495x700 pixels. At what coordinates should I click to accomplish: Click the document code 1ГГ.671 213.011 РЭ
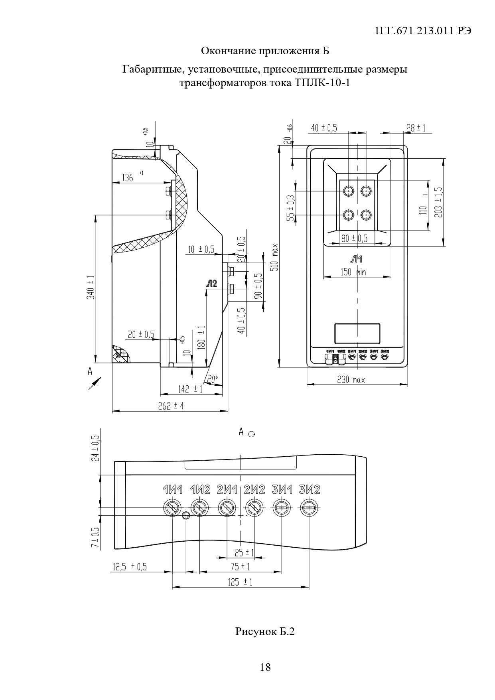(x=424, y=32)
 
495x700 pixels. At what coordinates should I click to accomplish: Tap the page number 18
(x=265, y=667)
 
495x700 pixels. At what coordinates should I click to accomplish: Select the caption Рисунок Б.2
(x=265, y=631)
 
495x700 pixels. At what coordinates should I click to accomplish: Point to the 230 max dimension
(x=351, y=380)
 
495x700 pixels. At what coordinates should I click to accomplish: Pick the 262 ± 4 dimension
(x=171, y=406)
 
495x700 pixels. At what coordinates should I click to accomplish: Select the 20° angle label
(x=212, y=380)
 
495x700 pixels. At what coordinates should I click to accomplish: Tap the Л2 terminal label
(x=211, y=284)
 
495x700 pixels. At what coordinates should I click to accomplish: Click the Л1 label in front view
(x=356, y=260)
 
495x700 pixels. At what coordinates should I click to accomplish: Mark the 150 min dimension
(x=353, y=272)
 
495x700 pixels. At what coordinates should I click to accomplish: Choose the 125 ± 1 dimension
(x=240, y=582)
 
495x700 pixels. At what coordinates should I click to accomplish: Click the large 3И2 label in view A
(x=310, y=489)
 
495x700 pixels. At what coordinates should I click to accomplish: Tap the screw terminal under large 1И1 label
(x=172, y=508)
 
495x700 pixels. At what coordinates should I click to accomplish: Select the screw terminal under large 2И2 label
(x=254, y=508)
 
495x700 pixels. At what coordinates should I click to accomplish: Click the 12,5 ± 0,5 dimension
(x=130, y=567)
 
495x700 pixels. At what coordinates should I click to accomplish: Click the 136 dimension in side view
(x=127, y=177)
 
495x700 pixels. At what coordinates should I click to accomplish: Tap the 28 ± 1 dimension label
(x=416, y=128)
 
